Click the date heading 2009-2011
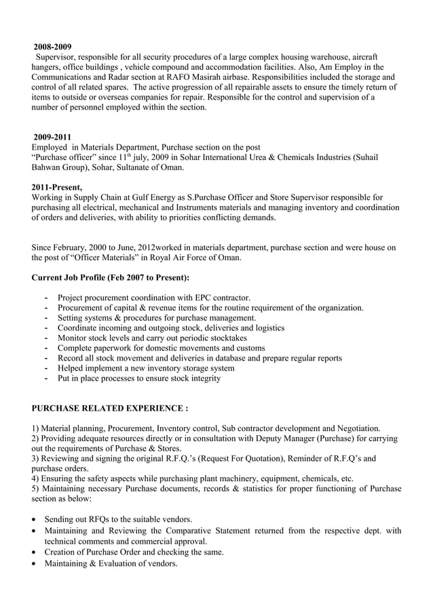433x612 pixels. coord(52,137)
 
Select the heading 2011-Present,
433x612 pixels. coord(57,187)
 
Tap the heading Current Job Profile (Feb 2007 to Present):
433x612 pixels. coord(111,278)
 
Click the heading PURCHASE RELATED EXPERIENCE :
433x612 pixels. coord(110,409)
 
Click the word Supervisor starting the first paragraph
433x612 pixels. coord(58,57)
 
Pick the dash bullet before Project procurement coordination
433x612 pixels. coord(45,298)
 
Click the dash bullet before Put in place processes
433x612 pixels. coord(45,378)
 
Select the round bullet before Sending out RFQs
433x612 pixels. coord(35,520)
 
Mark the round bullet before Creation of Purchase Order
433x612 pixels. coord(35,552)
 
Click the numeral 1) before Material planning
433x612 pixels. coord(37,428)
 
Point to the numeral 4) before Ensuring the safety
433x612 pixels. coord(37,478)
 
